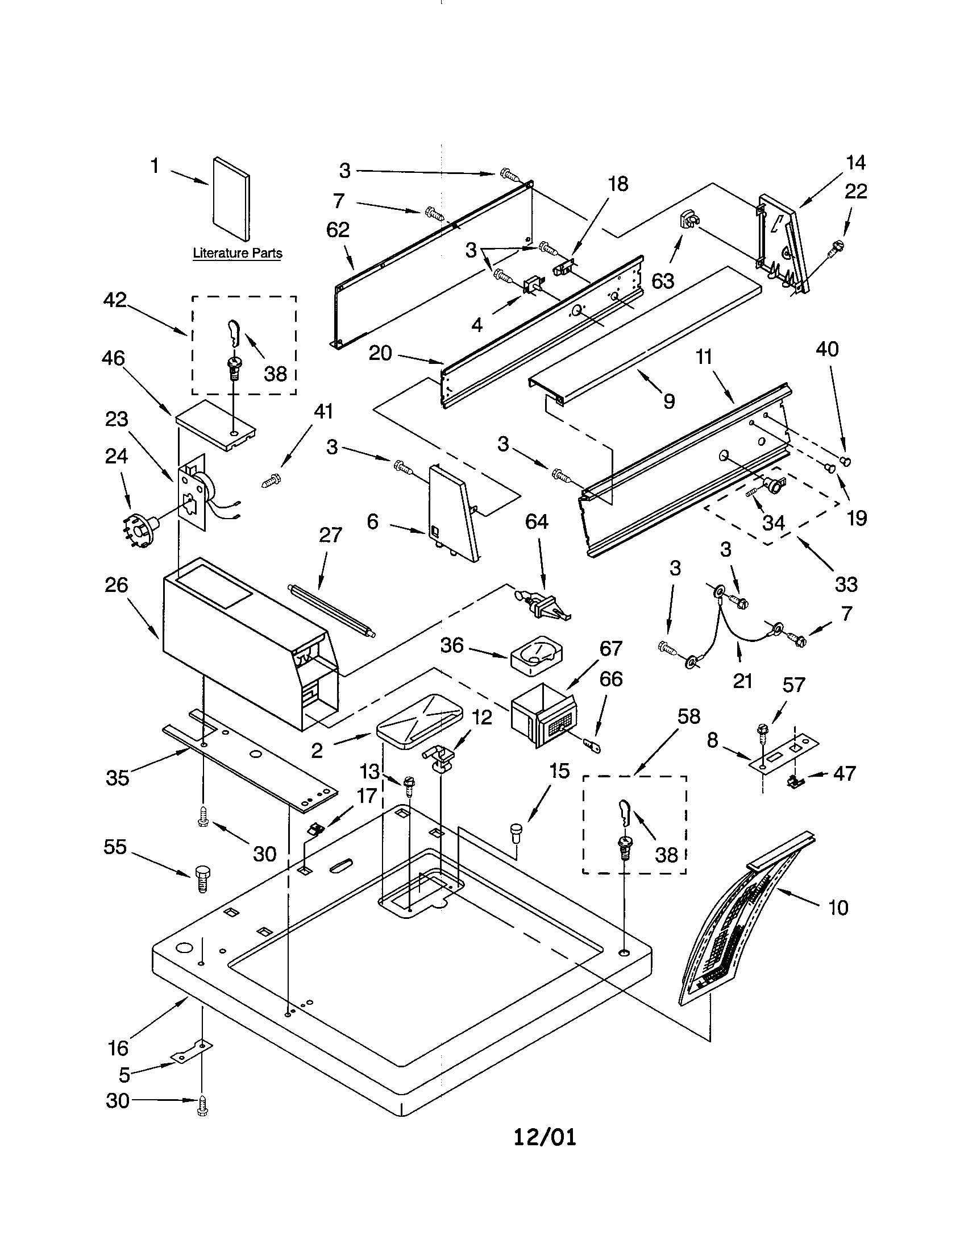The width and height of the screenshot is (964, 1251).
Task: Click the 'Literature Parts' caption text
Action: click(237, 252)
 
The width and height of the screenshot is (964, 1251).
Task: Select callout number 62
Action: click(338, 230)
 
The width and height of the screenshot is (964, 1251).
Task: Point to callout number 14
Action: click(855, 163)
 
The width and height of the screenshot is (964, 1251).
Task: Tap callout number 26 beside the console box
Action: click(116, 585)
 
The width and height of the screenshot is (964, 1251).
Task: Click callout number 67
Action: click(610, 648)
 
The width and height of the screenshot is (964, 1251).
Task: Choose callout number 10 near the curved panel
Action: click(838, 908)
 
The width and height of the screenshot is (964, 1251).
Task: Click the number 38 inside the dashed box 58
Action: click(666, 855)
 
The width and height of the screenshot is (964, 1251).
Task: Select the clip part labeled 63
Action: click(689, 220)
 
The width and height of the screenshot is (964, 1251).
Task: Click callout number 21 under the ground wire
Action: click(742, 681)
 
